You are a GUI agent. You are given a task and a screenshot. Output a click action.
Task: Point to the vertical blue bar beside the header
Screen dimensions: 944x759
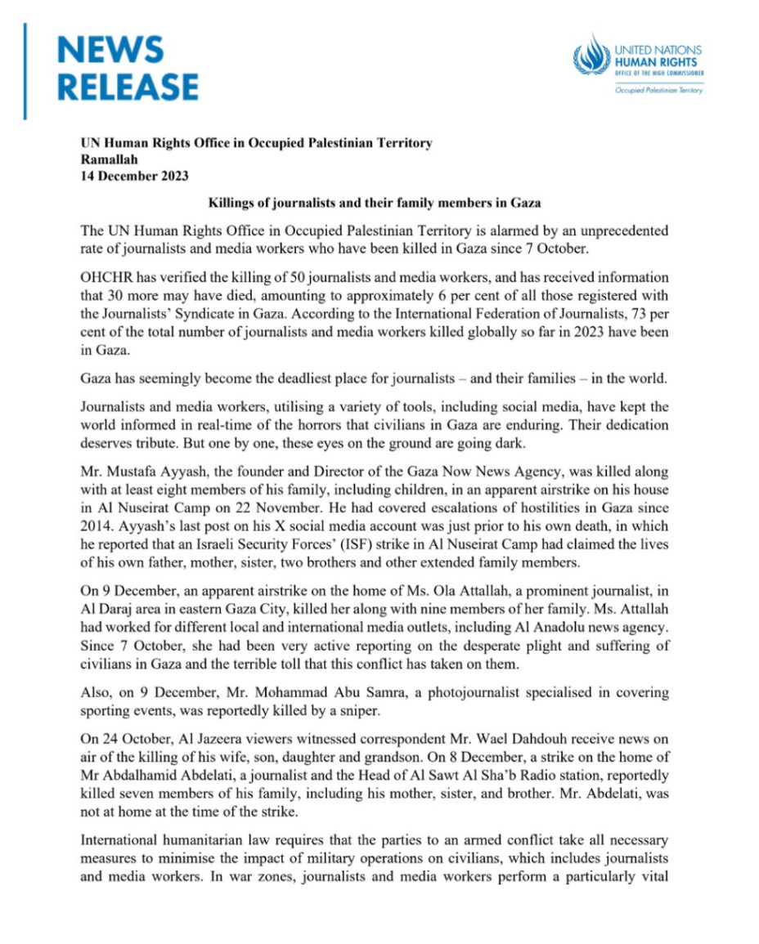(25, 71)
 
